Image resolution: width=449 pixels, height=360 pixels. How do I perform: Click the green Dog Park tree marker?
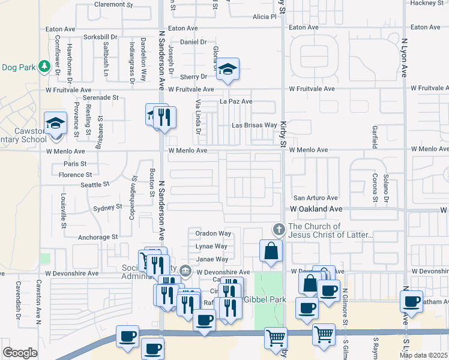[x=44, y=65]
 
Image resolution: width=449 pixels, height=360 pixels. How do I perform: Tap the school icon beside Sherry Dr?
[x=228, y=71]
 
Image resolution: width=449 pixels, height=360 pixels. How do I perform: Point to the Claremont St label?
[x=113, y=4]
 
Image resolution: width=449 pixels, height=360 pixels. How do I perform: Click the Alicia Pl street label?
[x=264, y=17]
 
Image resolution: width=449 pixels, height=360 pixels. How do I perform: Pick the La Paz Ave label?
[x=236, y=101]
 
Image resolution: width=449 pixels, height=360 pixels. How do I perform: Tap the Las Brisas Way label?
[x=255, y=125]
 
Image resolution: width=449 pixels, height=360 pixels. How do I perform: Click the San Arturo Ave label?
[x=315, y=197]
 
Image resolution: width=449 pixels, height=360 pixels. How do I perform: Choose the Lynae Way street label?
[x=211, y=246]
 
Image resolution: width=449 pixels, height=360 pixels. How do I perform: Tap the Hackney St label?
[x=426, y=3]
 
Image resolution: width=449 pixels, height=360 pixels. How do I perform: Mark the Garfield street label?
[x=373, y=137]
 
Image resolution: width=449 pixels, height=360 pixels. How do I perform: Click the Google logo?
[x=20, y=353]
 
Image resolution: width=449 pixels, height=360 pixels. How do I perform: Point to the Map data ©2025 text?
[x=423, y=355]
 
